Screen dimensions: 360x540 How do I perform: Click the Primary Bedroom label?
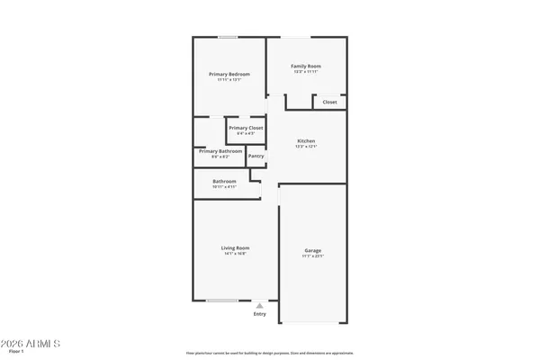point(229,74)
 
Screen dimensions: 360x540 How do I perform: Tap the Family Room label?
point(306,67)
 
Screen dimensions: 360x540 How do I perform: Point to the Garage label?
point(312,250)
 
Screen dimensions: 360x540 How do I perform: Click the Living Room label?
point(236,247)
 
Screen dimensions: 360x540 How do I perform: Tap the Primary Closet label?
point(245,129)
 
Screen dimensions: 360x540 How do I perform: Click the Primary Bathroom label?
point(220,151)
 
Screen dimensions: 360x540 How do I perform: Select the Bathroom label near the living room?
point(224,181)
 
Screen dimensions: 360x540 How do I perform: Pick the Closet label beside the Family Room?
point(329,103)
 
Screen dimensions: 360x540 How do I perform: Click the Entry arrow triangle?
point(259,306)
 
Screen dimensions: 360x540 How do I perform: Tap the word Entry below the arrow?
point(259,314)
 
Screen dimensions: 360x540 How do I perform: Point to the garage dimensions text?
point(312,256)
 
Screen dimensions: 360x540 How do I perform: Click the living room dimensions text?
point(236,254)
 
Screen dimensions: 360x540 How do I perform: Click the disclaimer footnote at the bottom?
point(270,353)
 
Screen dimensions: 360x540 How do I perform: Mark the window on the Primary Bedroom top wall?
point(229,37)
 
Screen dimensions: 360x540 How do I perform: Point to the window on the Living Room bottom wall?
point(222,301)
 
